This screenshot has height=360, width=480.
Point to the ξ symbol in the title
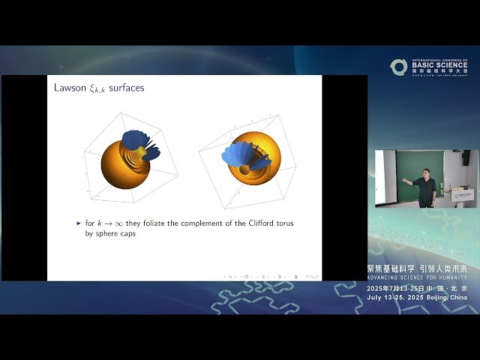tap(92, 88)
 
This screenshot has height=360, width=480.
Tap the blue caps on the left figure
tap(139, 142)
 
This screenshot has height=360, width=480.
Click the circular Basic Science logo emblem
tap(398, 67)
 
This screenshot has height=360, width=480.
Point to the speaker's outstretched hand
tap(404, 180)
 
